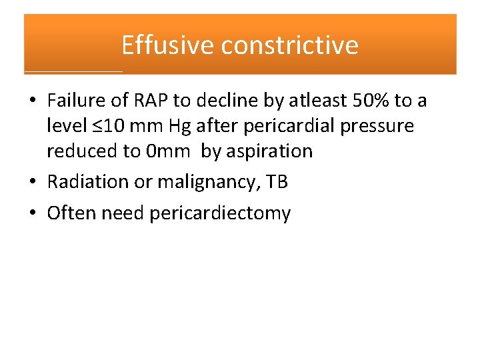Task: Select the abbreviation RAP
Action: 151,101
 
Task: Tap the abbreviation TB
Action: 277,182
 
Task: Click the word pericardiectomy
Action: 220,213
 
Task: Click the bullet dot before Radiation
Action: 32,183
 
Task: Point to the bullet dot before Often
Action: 32,214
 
